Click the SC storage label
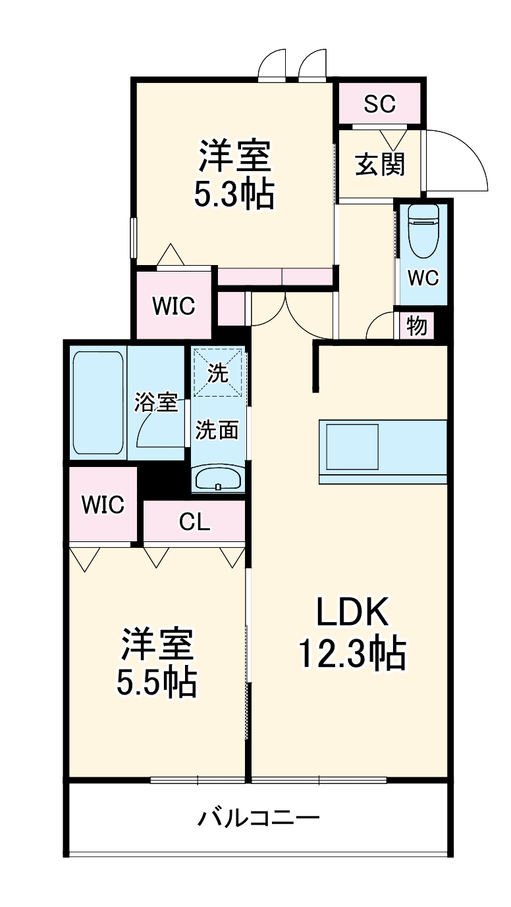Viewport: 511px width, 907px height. coord(380,103)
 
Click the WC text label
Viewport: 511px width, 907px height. coord(423,278)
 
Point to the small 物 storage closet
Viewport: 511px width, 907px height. coord(416,326)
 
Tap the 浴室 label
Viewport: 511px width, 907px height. coord(156,402)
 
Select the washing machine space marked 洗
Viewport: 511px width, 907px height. coord(218,374)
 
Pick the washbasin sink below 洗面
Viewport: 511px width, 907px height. coord(218,478)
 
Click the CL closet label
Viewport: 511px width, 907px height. coord(195,522)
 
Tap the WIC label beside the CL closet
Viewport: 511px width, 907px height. coord(103,504)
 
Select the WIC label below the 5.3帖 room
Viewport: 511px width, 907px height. coord(174,306)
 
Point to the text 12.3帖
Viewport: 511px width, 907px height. coord(351,652)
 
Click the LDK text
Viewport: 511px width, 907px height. coord(354,613)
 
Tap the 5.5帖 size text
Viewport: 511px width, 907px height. coord(156,684)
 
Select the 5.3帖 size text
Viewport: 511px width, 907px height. coord(234,194)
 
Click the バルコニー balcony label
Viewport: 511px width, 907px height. coord(259,818)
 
